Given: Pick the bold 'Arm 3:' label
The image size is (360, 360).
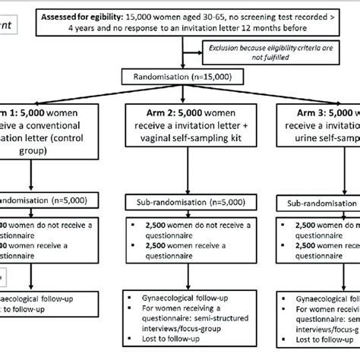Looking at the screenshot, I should click(x=295, y=111).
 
